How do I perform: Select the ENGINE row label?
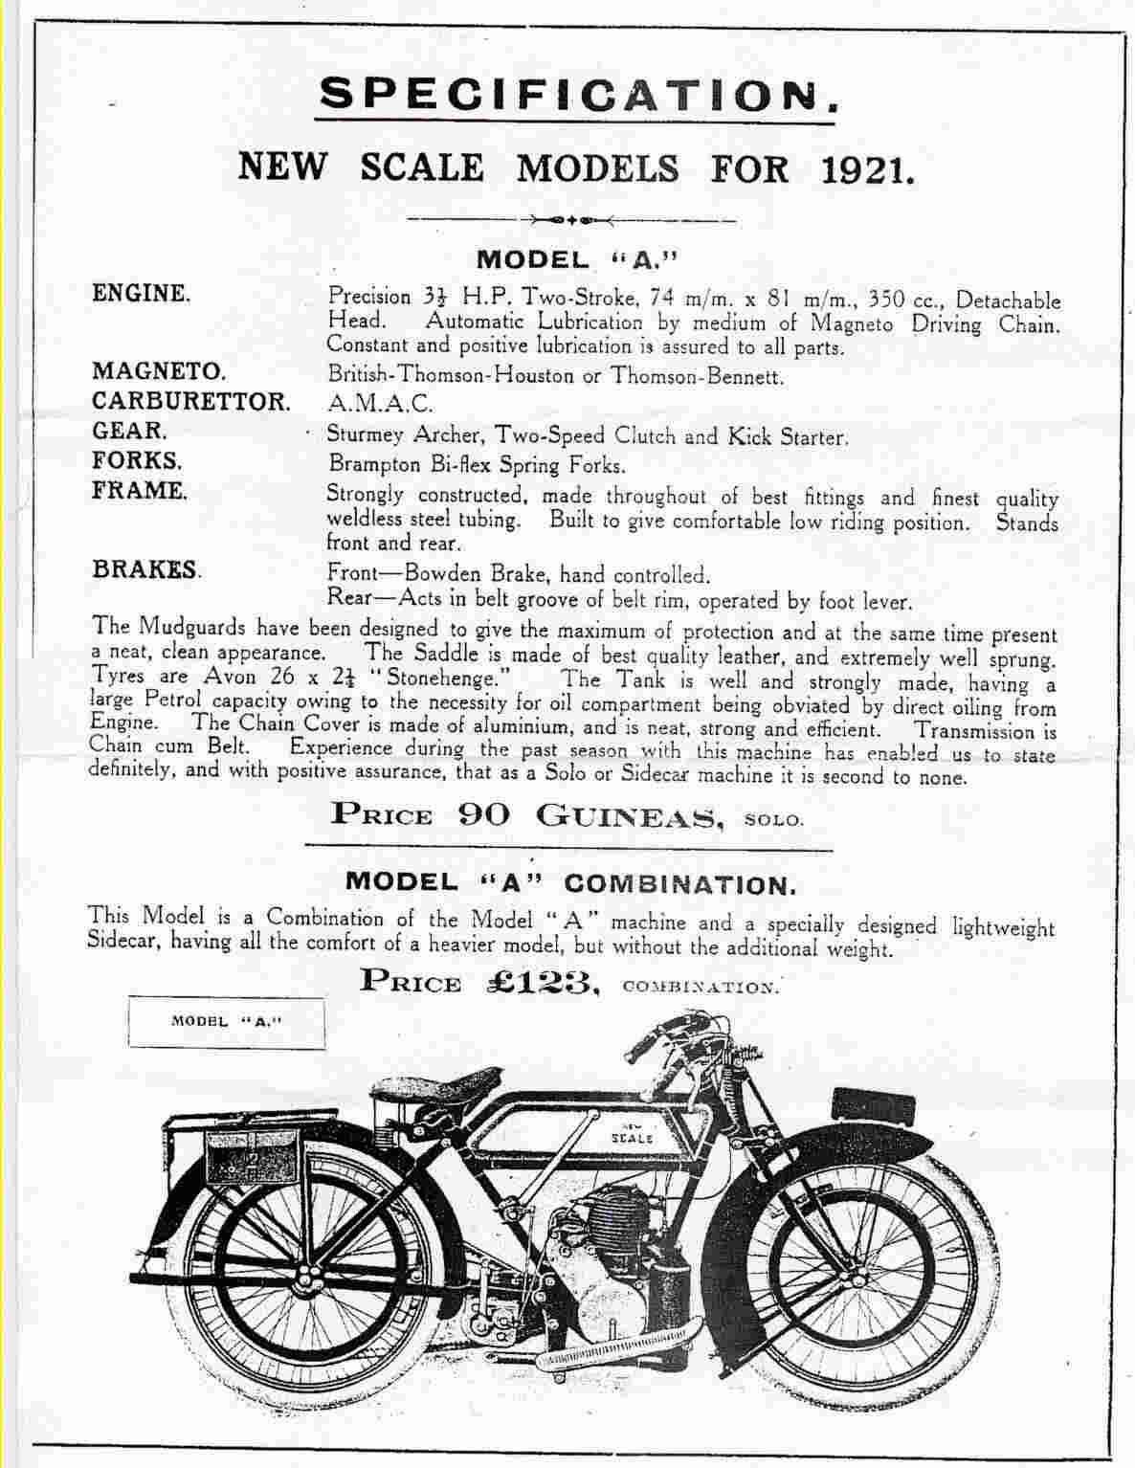141,293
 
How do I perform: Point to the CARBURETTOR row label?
190,400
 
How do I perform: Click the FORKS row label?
137,459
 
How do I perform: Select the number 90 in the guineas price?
483,814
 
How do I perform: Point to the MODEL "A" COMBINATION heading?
569,881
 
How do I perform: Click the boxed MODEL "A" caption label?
227,1021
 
